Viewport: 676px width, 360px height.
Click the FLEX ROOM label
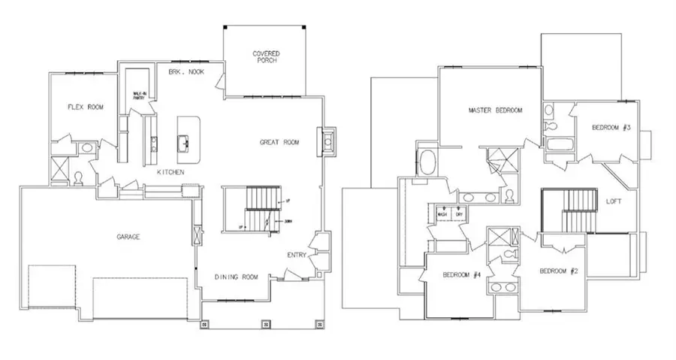pos(85,107)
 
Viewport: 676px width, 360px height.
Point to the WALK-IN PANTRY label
pos(139,95)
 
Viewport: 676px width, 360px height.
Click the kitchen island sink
pos(183,141)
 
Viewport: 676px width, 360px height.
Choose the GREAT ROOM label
pos(280,141)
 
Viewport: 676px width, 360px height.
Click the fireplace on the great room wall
pos(327,140)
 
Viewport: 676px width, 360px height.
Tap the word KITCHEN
pos(171,172)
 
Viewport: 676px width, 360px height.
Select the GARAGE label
pos(127,236)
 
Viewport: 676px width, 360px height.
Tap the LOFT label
pos(615,201)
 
